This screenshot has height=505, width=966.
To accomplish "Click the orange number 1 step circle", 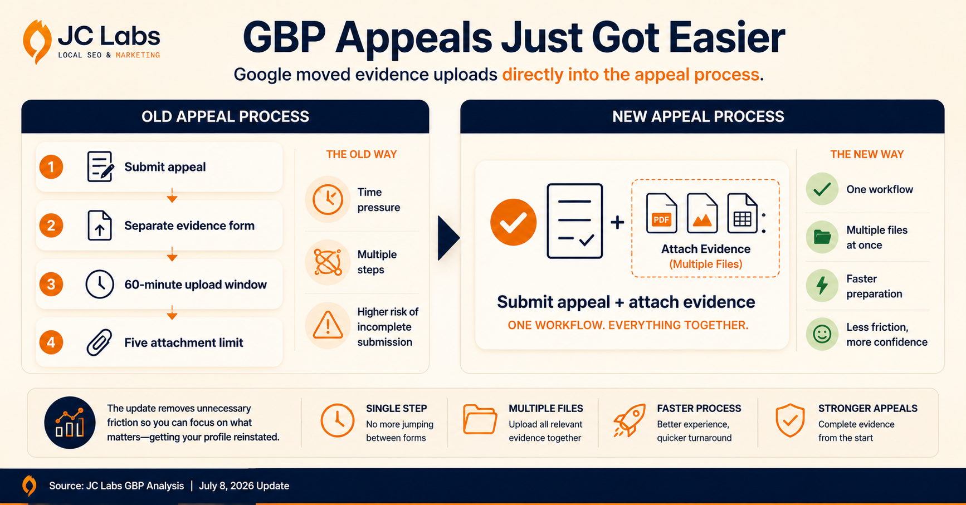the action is coord(51,167).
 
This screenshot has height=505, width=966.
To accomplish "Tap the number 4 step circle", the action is coord(51,342).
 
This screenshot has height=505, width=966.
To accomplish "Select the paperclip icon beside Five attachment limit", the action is coord(99,342).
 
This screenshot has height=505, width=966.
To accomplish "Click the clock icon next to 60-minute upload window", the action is coord(100,284).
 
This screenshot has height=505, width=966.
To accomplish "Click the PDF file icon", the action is coord(661,213).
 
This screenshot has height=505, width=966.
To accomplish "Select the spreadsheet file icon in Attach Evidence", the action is coord(743,213).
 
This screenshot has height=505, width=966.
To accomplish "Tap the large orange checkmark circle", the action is coord(513,222).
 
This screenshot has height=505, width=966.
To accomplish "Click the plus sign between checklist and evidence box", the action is coord(617,222).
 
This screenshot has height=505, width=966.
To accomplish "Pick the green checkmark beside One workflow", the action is coord(822,189).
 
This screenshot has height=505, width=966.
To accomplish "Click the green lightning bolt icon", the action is coord(822,286).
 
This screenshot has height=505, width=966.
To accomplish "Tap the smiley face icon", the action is coord(822,334).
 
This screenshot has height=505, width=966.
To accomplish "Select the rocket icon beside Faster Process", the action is coord(630,420).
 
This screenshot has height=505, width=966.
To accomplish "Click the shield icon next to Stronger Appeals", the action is coord(790,420).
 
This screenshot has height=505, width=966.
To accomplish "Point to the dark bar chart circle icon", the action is coord(70,423).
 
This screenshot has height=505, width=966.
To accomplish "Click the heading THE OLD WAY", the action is coord(362,154).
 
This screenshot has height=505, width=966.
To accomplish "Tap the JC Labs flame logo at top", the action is coord(37,41).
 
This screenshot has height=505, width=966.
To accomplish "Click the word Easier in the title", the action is coord(727,38).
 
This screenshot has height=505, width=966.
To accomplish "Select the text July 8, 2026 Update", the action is coord(244,486).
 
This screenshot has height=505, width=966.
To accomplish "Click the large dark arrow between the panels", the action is coord(448,238).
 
